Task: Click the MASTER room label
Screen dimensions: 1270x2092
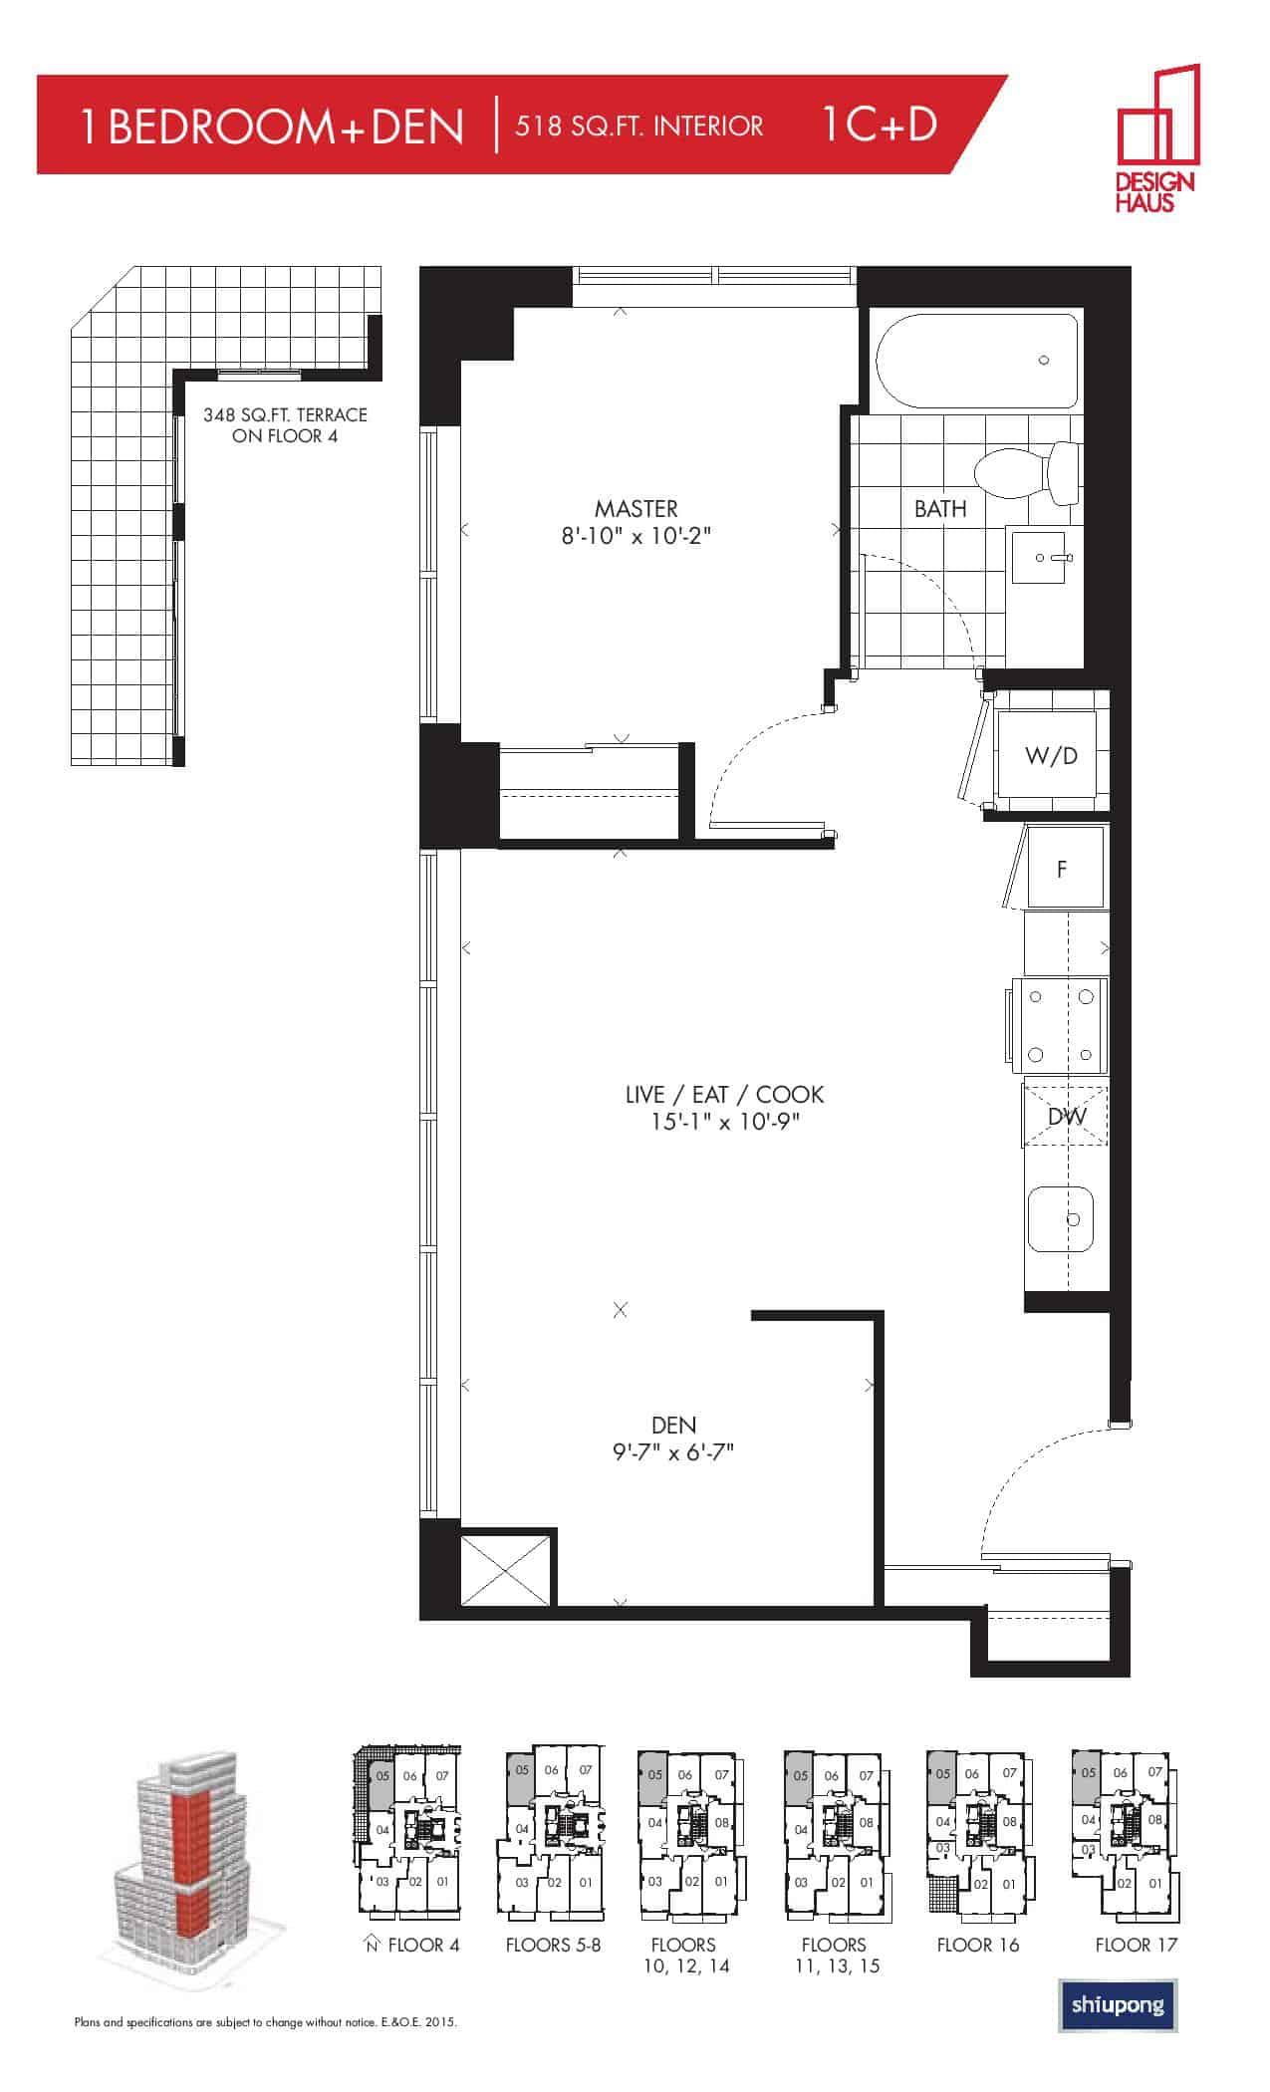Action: (x=636, y=509)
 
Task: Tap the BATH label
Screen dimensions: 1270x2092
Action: (x=940, y=509)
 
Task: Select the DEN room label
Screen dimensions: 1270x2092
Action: (x=673, y=1426)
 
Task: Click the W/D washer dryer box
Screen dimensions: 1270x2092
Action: (x=1051, y=756)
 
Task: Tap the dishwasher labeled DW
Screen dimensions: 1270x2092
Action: (x=1066, y=1116)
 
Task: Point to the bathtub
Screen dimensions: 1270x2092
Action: (x=977, y=361)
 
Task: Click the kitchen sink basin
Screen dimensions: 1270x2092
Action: (x=1061, y=1218)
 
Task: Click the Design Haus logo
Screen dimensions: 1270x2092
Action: (x=1155, y=137)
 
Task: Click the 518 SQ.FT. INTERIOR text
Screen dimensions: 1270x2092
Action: (x=639, y=127)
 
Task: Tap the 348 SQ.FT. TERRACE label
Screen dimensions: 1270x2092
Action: (x=285, y=414)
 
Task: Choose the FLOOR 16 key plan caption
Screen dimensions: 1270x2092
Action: (x=978, y=1945)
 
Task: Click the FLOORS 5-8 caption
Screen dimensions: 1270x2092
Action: (x=553, y=1945)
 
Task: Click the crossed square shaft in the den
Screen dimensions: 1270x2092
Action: (x=506, y=1570)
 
